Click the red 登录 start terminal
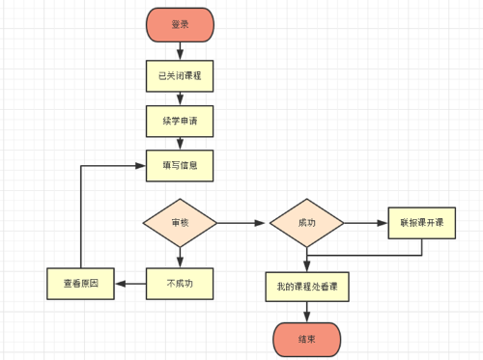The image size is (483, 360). coord(179,25)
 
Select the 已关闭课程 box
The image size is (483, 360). coord(179,74)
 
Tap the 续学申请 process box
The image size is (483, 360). coord(179,122)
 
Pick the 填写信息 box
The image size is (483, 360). coord(179,165)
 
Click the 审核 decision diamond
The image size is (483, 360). coord(180,223)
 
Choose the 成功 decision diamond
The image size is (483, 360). coord(306,223)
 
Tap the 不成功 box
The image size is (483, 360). coord(179,283)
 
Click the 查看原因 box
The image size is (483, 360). coord(80,283)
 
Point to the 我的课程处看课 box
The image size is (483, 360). coord(306,287)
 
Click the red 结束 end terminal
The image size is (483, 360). coord(306,339)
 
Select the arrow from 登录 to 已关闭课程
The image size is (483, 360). coord(179,50)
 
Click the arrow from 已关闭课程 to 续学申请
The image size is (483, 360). coord(179,98)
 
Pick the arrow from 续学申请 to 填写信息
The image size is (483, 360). coord(179,144)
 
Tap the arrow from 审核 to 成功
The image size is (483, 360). coord(241,223)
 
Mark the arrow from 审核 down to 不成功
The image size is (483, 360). coord(180,255)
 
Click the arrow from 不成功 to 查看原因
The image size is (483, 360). coord(129,283)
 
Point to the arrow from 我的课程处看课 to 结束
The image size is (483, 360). coord(306,312)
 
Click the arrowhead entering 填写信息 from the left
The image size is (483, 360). coord(140,165)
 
